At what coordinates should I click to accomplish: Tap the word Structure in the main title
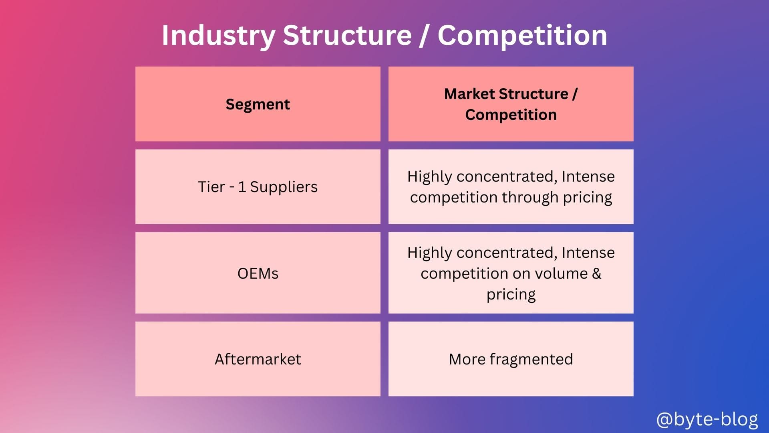point(347,35)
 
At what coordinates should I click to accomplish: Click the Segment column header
point(258,104)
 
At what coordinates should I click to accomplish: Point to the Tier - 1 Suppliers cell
point(258,187)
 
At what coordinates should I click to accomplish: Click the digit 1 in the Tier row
point(242,187)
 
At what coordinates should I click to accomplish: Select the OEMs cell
point(258,273)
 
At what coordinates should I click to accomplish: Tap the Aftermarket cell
point(258,359)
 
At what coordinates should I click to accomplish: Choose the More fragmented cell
point(511,359)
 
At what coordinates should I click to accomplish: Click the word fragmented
point(531,360)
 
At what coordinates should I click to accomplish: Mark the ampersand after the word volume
point(596,273)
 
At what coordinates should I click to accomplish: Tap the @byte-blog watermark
point(707,420)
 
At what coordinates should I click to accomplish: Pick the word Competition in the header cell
point(511,115)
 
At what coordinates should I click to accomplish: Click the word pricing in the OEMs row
point(511,295)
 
